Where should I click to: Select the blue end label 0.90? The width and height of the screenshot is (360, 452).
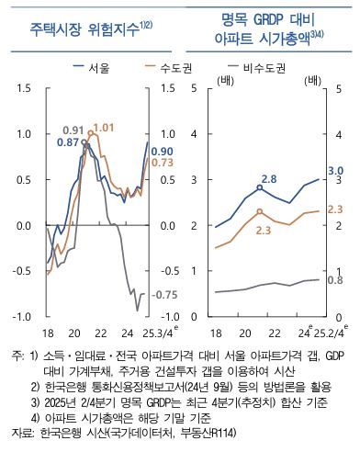coord(162,151)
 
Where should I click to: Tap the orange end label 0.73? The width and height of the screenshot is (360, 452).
coord(162,163)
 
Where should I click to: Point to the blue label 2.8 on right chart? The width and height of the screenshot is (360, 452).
coord(269,177)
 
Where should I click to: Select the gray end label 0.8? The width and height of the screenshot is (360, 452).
coord(334,279)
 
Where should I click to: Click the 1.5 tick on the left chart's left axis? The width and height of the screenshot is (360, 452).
coord(24,89)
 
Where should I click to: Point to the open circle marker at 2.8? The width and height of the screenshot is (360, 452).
coord(260,187)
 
